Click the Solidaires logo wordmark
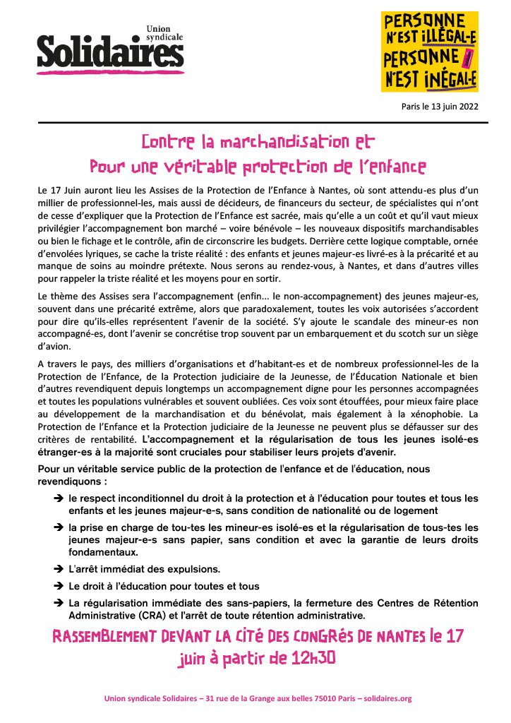110,52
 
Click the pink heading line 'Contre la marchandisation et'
258,141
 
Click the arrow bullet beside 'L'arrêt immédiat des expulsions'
59,568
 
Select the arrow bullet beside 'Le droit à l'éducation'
59,586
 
